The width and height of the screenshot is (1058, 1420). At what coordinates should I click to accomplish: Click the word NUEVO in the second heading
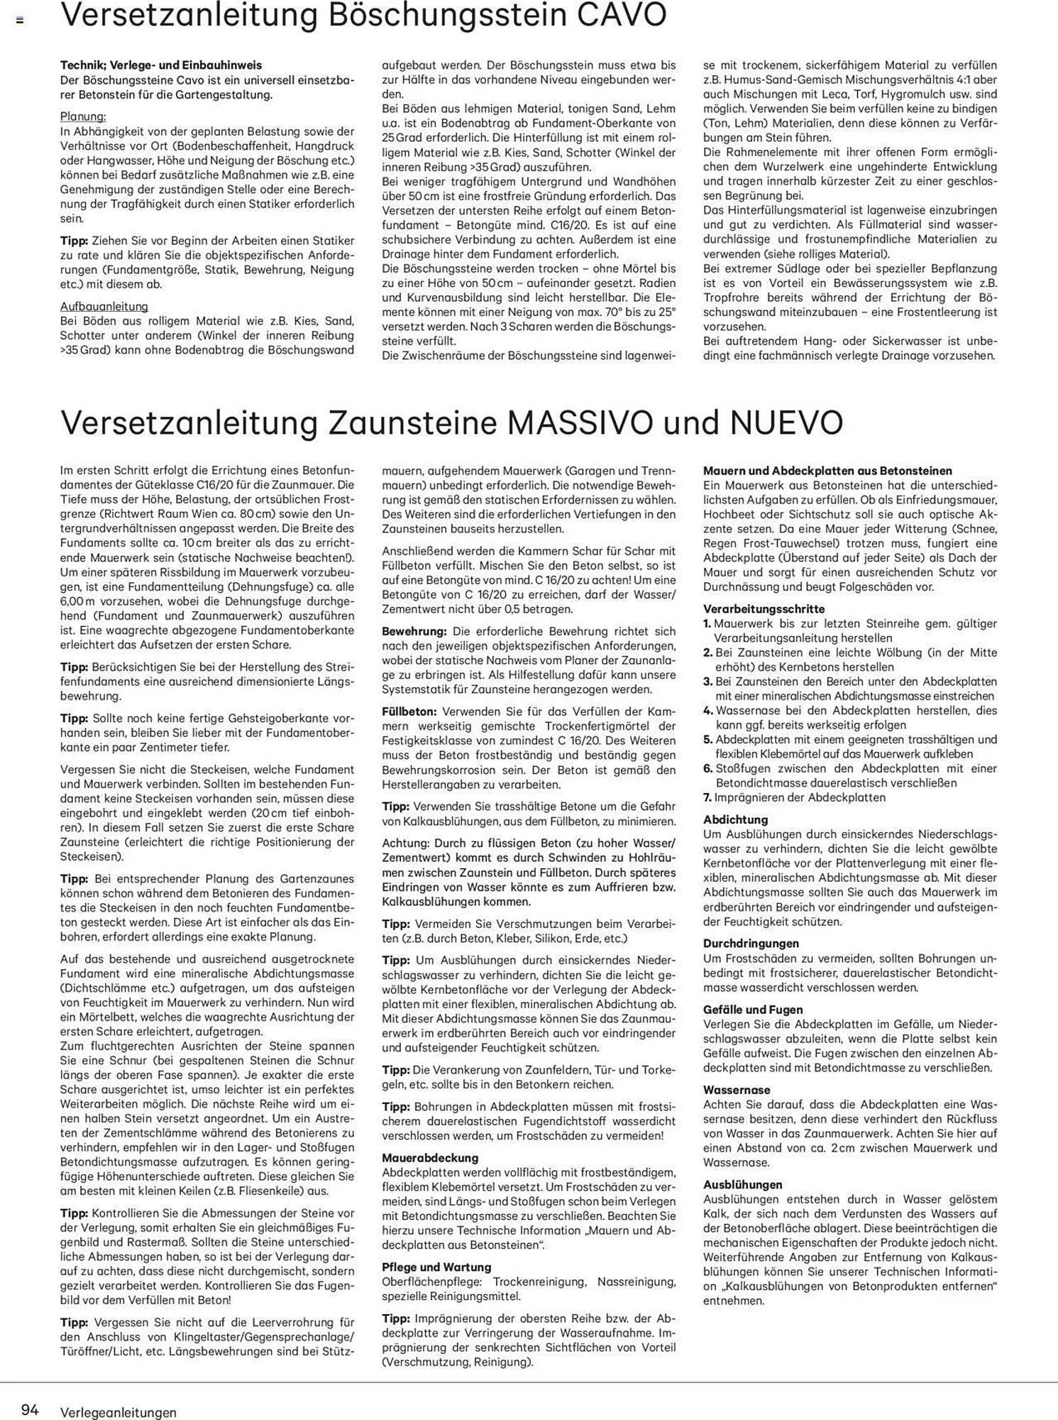[x=786, y=423]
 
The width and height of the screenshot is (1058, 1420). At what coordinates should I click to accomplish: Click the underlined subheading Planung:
[x=83, y=116]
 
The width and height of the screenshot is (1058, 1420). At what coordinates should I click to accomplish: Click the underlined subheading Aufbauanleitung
[x=104, y=306]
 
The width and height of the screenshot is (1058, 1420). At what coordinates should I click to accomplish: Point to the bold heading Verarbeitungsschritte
[x=754, y=608]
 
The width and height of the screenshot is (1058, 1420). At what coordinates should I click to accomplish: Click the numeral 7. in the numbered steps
[x=707, y=797]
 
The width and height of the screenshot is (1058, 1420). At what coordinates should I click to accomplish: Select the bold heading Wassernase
[x=737, y=1090]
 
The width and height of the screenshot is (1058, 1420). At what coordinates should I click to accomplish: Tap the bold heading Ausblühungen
[x=743, y=1184]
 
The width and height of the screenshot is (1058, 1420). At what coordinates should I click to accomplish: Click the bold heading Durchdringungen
[x=751, y=944]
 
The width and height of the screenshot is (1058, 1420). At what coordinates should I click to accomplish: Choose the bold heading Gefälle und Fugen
[x=753, y=1010]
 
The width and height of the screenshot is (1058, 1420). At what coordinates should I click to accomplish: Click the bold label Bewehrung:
[x=414, y=631]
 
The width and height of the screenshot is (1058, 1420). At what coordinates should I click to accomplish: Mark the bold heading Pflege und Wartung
[x=436, y=1267]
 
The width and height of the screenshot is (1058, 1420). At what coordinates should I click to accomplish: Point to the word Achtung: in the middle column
[x=405, y=843]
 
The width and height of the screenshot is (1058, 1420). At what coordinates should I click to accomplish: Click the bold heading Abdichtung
[x=736, y=819]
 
